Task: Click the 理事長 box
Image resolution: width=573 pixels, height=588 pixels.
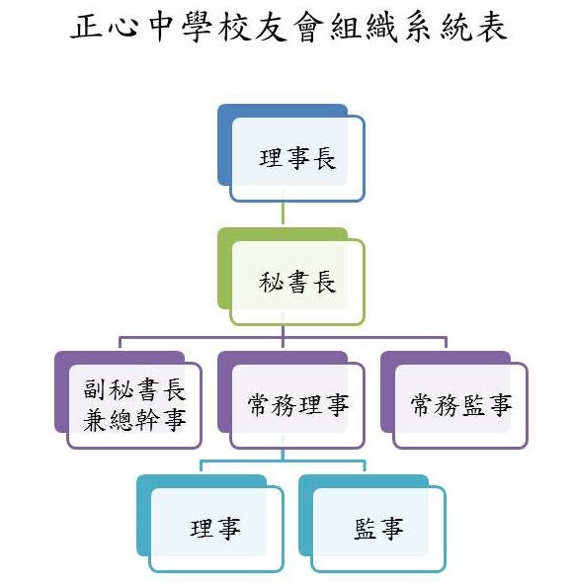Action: [x=297, y=159]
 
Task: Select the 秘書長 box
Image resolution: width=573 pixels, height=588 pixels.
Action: [x=297, y=283]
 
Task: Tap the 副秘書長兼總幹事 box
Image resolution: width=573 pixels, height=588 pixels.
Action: [x=134, y=406]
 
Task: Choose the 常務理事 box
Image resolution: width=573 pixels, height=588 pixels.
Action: [x=297, y=406]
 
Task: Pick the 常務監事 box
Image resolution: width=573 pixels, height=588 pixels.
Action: [x=460, y=406]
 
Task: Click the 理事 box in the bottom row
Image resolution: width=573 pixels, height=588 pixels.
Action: [x=215, y=529]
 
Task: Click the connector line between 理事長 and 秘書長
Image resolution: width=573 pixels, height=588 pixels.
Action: [x=284, y=214]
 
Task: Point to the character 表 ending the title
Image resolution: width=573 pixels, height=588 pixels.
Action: [x=491, y=27]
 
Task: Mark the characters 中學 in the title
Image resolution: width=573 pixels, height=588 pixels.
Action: [x=180, y=27]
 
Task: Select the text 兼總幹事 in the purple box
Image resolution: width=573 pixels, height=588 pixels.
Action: [x=134, y=420]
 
